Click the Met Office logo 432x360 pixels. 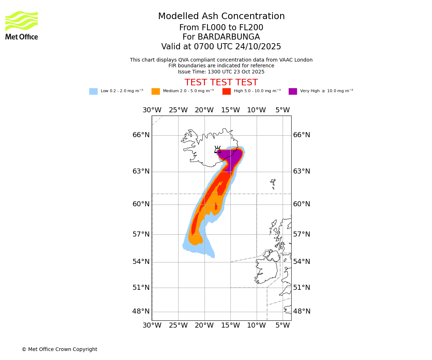coord(22,25)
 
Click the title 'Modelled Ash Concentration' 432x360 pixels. coord(221,17)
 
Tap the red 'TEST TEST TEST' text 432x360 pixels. coord(221,82)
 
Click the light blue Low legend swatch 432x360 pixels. coord(93,91)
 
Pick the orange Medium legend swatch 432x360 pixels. coord(156,91)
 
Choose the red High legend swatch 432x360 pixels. coord(226,91)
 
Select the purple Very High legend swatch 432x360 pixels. coord(293,91)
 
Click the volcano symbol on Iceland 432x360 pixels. coord(217,150)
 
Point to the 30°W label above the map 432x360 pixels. coord(152,110)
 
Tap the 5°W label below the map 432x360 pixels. coord(283,325)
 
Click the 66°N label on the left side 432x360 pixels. coord(141,135)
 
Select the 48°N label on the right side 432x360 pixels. coord(302,311)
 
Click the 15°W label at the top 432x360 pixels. coord(230,110)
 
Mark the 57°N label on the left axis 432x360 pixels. coord(141,234)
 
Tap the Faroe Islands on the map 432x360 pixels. coord(273,184)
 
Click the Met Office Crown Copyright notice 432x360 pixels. coord(59,349)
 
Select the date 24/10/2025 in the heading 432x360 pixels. coord(258,47)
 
